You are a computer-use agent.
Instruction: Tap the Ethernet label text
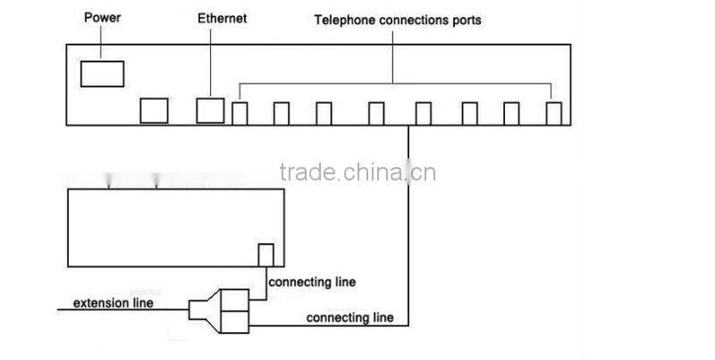tap(223, 18)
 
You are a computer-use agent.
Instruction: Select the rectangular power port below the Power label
tap(102, 72)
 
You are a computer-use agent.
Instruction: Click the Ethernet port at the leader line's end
tap(210, 110)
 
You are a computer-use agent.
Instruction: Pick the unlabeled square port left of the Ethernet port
tap(155, 110)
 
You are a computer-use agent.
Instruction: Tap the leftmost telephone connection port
tap(240, 113)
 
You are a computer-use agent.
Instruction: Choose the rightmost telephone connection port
tap(555, 113)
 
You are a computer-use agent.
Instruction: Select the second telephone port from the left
tap(282, 113)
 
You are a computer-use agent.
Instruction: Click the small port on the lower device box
tap(265, 255)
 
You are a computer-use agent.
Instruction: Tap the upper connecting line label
tap(312, 282)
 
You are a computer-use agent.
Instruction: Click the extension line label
tap(113, 303)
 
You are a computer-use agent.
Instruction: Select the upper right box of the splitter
tap(234, 299)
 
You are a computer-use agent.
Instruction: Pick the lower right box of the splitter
tap(234, 319)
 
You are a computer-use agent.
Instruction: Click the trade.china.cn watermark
tap(357, 172)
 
